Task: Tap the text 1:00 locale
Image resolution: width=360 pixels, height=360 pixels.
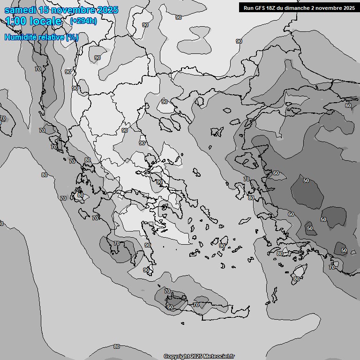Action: tap(33, 21)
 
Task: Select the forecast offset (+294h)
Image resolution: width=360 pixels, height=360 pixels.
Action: tap(83, 21)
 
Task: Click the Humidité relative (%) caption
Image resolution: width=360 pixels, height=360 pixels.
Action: tap(41, 37)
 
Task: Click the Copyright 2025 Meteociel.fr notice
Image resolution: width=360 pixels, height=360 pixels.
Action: tap(199, 356)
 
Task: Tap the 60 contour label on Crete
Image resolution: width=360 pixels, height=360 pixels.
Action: tap(170, 307)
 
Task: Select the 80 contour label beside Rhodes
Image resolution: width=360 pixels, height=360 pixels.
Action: tap(296, 279)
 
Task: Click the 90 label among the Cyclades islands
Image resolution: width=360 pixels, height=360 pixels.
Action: tap(222, 246)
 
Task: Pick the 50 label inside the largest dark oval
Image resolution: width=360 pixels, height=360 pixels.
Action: tap(306, 180)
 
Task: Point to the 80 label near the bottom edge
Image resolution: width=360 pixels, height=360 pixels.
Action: tap(117, 346)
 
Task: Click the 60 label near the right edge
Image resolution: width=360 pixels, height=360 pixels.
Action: tap(348, 105)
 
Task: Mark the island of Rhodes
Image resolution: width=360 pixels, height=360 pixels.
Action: tap(299, 272)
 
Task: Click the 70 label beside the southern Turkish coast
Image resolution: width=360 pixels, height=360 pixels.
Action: tap(332, 267)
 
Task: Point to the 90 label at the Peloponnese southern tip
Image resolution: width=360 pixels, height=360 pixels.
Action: tap(146, 270)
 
